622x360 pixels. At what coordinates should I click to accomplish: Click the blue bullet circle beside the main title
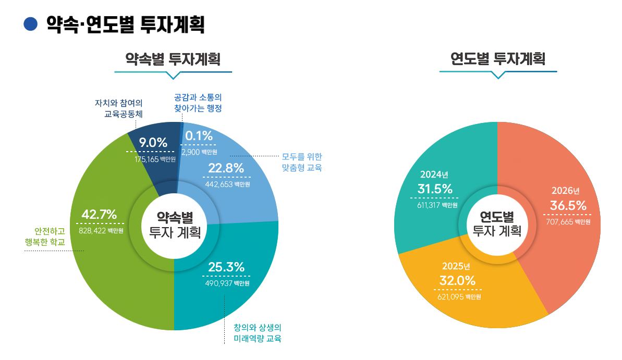point(31,24)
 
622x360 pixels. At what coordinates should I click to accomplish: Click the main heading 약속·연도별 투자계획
point(125,24)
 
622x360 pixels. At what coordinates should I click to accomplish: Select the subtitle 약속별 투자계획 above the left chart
point(173,59)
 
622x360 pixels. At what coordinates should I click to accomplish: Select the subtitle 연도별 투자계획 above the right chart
point(498,59)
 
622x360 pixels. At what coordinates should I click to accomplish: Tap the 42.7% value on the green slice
point(100,215)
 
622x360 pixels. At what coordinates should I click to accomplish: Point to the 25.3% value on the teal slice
point(226,267)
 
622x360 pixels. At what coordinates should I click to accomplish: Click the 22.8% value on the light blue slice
point(226,168)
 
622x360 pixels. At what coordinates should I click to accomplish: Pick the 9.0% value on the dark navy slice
point(153,142)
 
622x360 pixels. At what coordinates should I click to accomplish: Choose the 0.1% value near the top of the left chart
point(199,136)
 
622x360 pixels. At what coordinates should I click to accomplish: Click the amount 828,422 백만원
point(101,230)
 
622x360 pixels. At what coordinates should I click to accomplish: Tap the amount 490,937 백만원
point(227,283)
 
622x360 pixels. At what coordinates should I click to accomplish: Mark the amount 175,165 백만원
point(155,159)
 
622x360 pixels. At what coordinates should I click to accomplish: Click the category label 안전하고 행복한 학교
point(45,237)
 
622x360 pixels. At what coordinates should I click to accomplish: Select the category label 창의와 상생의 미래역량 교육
point(258,333)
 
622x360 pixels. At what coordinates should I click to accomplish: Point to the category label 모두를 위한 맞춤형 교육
point(302,162)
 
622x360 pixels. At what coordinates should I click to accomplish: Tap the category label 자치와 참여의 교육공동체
point(119,107)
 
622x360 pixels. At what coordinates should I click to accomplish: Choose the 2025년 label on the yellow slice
point(456,267)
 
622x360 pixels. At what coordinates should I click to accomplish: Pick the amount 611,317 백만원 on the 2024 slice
point(437,205)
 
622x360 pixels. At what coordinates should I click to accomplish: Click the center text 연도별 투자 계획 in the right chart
point(497,224)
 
